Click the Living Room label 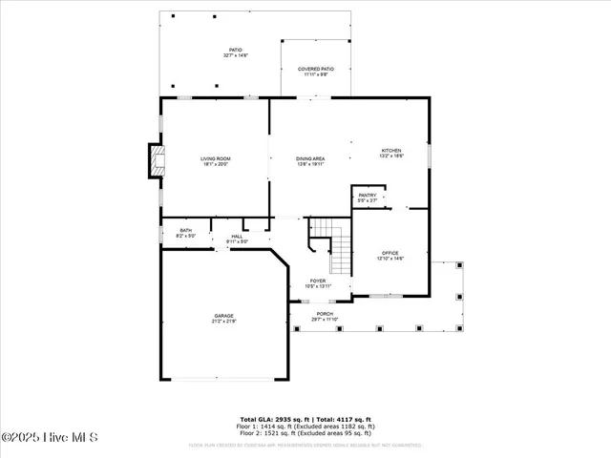[x=216, y=158]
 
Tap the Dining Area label [x=311, y=158]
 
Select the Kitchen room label [x=392, y=151]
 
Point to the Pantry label [x=368, y=195]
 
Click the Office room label [x=391, y=253]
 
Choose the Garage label [x=223, y=316]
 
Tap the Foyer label [x=316, y=281]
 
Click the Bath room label [x=185, y=230]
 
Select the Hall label [x=237, y=237]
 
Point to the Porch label [x=326, y=314]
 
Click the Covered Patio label [x=315, y=70]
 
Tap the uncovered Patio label [x=235, y=51]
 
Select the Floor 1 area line [x=305, y=426]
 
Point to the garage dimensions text [x=223, y=322]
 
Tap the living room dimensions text [x=216, y=164]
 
